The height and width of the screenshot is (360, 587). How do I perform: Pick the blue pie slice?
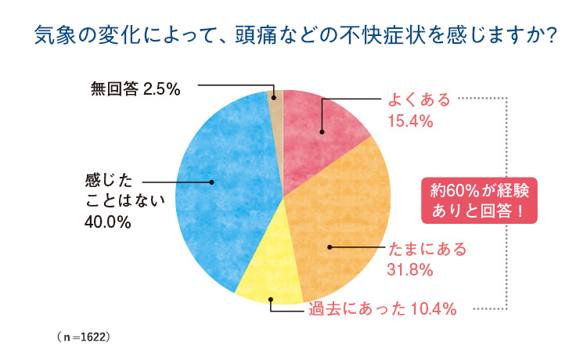click(x=223, y=196)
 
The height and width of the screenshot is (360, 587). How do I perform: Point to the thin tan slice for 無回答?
click(x=275, y=106)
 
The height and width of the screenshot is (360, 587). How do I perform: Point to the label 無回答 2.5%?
click(x=135, y=89)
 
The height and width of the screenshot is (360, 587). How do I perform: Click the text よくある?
click(x=420, y=100)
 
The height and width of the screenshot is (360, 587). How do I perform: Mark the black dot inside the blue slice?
click(x=212, y=182)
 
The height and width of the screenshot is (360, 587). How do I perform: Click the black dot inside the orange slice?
click(x=330, y=247)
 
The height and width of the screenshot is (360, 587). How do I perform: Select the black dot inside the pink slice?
click(x=322, y=131)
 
